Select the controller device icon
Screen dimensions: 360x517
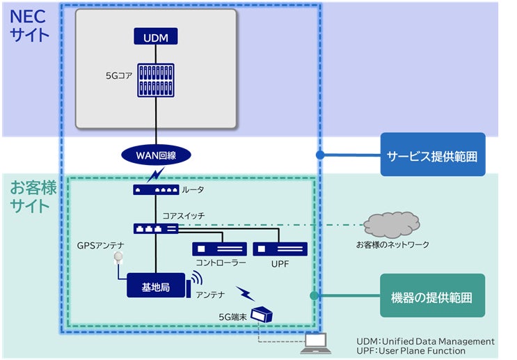tap(220, 249)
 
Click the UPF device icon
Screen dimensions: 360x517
tap(280, 249)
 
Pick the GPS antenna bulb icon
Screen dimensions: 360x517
tap(119, 257)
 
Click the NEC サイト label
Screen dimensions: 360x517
tap(29, 24)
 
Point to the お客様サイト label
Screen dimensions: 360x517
tap(30, 196)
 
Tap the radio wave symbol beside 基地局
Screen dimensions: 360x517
tap(197, 279)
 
